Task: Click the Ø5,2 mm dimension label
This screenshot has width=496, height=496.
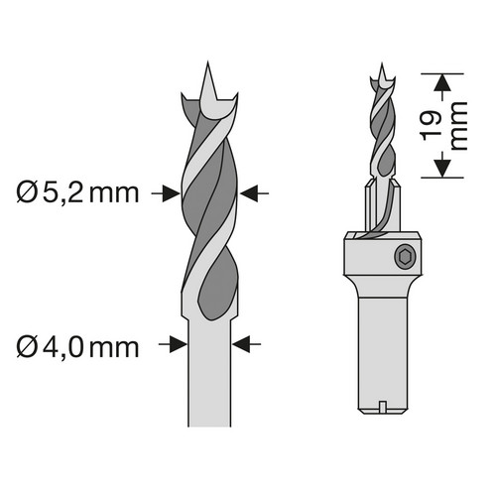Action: pyautogui.click(x=77, y=193)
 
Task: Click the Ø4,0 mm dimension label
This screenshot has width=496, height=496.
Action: pyautogui.click(x=77, y=347)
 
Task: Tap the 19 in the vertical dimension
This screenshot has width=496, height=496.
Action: pyautogui.click(x=432, y=126)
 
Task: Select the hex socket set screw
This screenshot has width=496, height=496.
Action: pyautogui.click(x=404, y=255)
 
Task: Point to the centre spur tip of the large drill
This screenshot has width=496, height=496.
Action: pyautogui.click(x=207, y=62)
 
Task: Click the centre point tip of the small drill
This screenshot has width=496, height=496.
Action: pyautogui.click(x=382, y=63)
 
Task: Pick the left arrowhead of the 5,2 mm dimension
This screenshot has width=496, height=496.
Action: pyautogui.click(x=172, y=193)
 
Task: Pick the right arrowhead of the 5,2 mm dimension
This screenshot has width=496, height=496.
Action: pyautogui.click(x=248, y=193)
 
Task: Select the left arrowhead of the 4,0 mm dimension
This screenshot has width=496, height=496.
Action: pyautogui.click(x=178, y=344)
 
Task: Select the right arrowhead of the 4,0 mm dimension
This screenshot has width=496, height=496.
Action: pyautogui.click(x=241, y=344)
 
